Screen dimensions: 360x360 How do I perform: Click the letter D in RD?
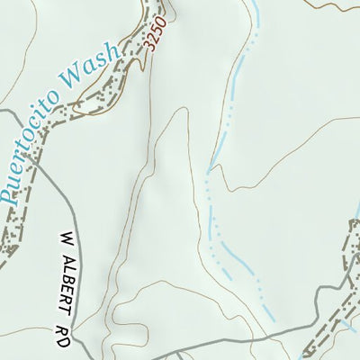[65, 319]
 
